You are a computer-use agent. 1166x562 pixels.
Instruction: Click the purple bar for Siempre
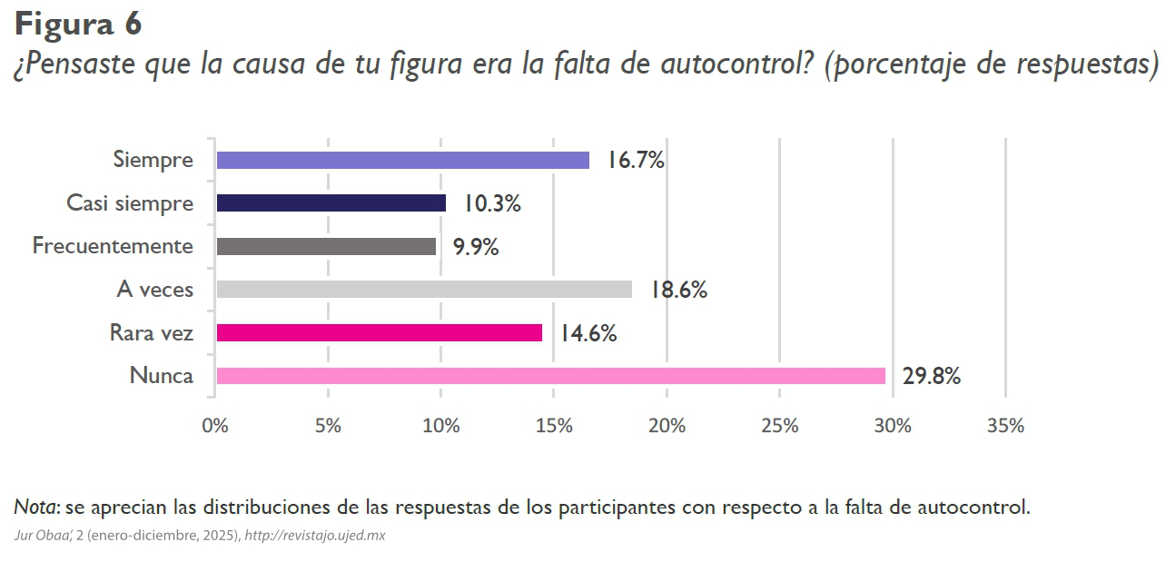(x=402, y=161)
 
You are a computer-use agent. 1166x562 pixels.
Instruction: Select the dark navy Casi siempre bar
(x=331, y=203)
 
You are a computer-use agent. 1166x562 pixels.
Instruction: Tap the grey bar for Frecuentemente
(x=326, y=246)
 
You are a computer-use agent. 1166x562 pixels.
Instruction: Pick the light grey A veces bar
(x=424, y=290)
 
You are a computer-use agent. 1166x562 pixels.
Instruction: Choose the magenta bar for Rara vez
(x=379, y=333)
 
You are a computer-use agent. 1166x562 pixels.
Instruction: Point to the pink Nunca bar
(x=550, y=376)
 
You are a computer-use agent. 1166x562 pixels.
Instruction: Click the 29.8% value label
(x=931, y=377)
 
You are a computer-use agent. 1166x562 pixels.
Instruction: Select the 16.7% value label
(x=636, y=162)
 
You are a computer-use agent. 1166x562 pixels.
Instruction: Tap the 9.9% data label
(x=476, y=247)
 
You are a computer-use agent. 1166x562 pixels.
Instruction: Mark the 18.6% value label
(x=678, y=291)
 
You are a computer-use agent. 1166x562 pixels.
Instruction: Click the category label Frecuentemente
(x=113, y=246)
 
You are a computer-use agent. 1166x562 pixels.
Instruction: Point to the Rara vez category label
(x=151, y=333)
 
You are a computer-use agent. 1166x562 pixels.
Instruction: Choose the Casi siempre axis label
(x=130, y=203)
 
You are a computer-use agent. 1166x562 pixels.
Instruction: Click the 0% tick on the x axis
(x=215, y=426)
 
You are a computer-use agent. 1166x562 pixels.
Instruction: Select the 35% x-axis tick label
(x=1005, y=426)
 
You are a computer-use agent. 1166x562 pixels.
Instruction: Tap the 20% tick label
(x=667, y=426)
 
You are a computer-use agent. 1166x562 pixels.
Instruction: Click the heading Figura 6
(x=78, y=24)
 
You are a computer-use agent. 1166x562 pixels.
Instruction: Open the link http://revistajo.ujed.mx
(x=315, y=536)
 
